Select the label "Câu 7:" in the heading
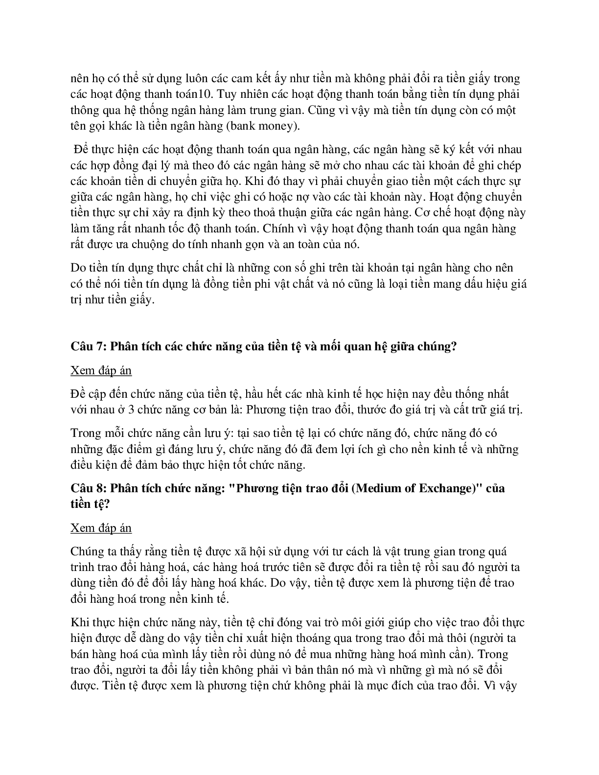[88, 346]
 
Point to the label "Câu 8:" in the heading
[88, 489]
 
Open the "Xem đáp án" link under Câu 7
[101, 371]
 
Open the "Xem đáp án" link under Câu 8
[101, 528]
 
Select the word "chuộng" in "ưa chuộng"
[167, 244]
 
